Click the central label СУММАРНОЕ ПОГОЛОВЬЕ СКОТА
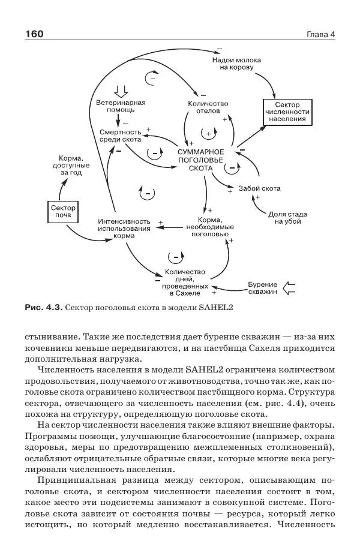[200, 160]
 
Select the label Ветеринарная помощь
[121, 106]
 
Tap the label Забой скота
[259, 188]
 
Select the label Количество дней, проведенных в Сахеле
[184, 282]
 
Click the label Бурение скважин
[262, 287]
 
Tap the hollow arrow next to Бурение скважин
[289, 287]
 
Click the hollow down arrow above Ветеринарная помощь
[121, 91]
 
